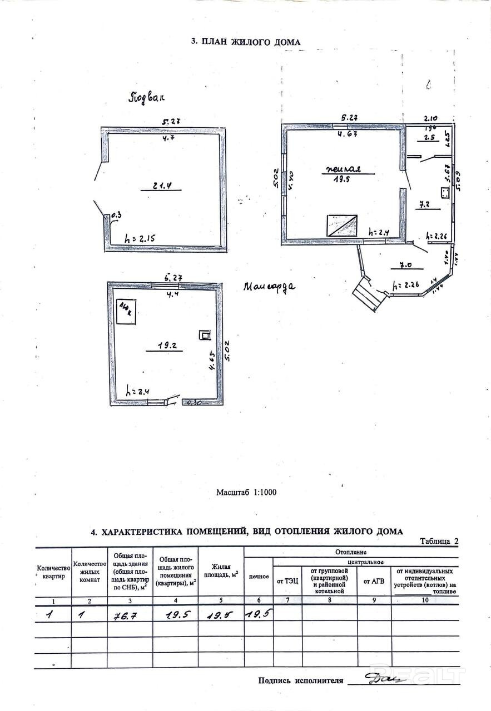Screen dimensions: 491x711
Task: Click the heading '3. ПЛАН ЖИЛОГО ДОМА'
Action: coord(245,42)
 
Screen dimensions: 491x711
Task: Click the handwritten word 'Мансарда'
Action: coord(270,287)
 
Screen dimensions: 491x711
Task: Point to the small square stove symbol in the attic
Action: coord(205,335)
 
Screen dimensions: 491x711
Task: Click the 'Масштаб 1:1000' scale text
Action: coord(246,492)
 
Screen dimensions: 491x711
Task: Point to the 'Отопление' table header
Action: coord(351,552)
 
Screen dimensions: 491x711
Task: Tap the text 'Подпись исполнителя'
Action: coord(301,680)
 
